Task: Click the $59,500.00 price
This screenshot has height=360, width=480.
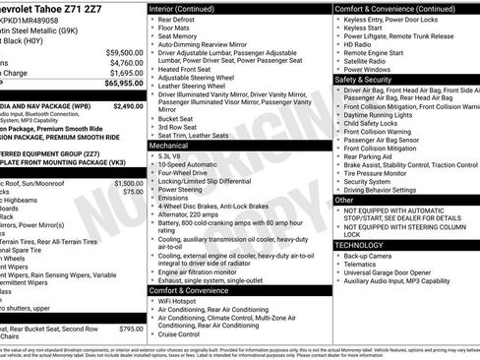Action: [x=124, y=52]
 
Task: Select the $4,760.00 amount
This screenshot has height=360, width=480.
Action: [x=126, y=62]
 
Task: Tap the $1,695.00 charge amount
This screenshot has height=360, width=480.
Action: [x=126, y=73]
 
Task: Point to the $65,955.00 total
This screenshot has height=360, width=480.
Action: [x=124, y=85]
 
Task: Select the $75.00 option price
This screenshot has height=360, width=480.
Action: [x=133, y=192]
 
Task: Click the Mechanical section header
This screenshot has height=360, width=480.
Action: [x=169, y=145]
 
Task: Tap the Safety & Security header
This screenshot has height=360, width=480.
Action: [x=365, y=79]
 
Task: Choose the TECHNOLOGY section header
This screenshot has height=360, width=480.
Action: [x=359, y=244]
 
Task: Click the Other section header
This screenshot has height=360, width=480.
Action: [x=344, y=200]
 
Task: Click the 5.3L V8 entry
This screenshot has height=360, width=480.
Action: [x=172, y=155]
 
